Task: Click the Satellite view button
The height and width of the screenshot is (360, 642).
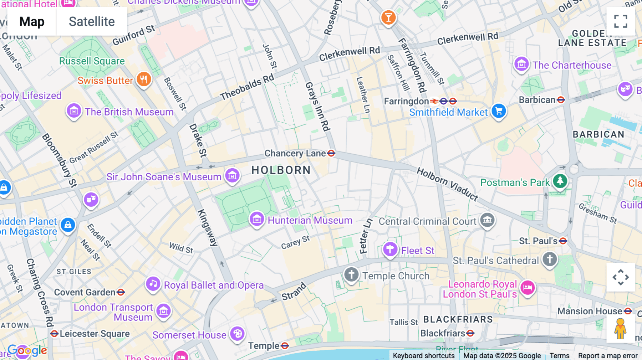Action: point(92,22)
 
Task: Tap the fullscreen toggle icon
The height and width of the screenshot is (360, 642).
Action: point(621,21)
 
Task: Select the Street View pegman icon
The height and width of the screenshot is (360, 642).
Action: point(620,329)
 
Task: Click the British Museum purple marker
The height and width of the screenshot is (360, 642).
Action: point(74,111)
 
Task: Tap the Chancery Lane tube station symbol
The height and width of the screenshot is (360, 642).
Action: point(331,153)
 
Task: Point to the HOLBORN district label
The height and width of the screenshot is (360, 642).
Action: point(281,170)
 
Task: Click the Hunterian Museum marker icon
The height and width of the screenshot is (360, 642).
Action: point(257,219)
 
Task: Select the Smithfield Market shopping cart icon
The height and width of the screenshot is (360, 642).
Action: point(499,111)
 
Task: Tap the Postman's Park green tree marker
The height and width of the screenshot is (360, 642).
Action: point(560,181)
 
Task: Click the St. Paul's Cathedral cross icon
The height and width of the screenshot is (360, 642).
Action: point(550,259)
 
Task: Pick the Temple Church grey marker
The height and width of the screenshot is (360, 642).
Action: point(351,274)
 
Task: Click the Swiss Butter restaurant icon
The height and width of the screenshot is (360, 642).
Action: point(144,79)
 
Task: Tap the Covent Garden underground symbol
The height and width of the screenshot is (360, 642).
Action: point(121,292)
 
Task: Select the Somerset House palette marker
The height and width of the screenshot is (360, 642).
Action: point(238,334)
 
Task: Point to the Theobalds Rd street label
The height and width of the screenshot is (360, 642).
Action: point(247,87)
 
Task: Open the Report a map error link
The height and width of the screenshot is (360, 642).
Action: point(608,356)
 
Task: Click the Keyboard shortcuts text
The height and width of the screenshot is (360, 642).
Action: point(423,356)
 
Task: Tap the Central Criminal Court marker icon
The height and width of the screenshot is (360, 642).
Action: point(487,220)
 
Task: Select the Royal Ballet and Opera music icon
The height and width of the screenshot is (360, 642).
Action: point(153,284)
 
